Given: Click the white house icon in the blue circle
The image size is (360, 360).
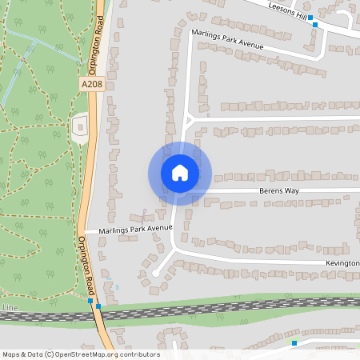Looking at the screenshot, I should tap(180, 173).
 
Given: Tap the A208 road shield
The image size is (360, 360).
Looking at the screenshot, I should tap(92, 82).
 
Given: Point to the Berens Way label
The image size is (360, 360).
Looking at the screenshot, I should tap(278, 192).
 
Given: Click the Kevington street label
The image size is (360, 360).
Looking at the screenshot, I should tap(342, 262).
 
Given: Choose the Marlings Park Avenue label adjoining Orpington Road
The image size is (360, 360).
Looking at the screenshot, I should tap(135, 229).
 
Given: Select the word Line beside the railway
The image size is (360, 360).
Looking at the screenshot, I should tap(10, 308).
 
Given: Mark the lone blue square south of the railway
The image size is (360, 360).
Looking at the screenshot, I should tap(294, 343).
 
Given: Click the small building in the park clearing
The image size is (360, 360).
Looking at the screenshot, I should tap(79, 126).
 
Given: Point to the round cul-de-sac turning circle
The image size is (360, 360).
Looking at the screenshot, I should tap(154, 273).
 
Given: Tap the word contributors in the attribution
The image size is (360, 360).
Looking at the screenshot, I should tap(141, 354).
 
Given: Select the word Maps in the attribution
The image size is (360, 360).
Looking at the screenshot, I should tap(11, 354).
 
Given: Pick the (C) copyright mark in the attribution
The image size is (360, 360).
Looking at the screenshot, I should tap(50, 354).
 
